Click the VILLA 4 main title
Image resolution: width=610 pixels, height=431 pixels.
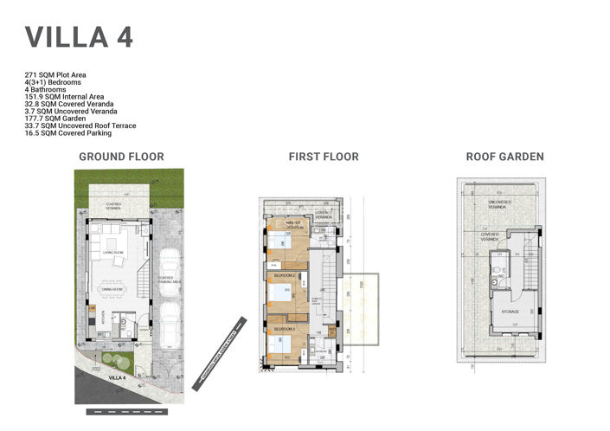pyautogui.click(x=79, y=38)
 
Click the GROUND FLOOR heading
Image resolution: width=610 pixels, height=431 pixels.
pyautogui.click(x=121, y=157)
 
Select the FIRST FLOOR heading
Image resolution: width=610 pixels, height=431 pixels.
pyautogui.click(x=323, y=157)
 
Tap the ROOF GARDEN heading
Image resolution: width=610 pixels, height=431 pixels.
pyautogui.click(x=504, y=157)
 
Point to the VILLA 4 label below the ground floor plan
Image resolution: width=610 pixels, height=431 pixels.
pyautogui.click(x=118, y=378)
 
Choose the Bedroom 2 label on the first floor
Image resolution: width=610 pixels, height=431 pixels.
pyautogui.click(x=286, y=275)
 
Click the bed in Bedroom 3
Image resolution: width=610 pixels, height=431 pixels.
pyautogui.click(x=279, y=344)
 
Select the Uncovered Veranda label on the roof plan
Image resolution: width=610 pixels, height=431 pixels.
pyautogui.click(x=498, y=204)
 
